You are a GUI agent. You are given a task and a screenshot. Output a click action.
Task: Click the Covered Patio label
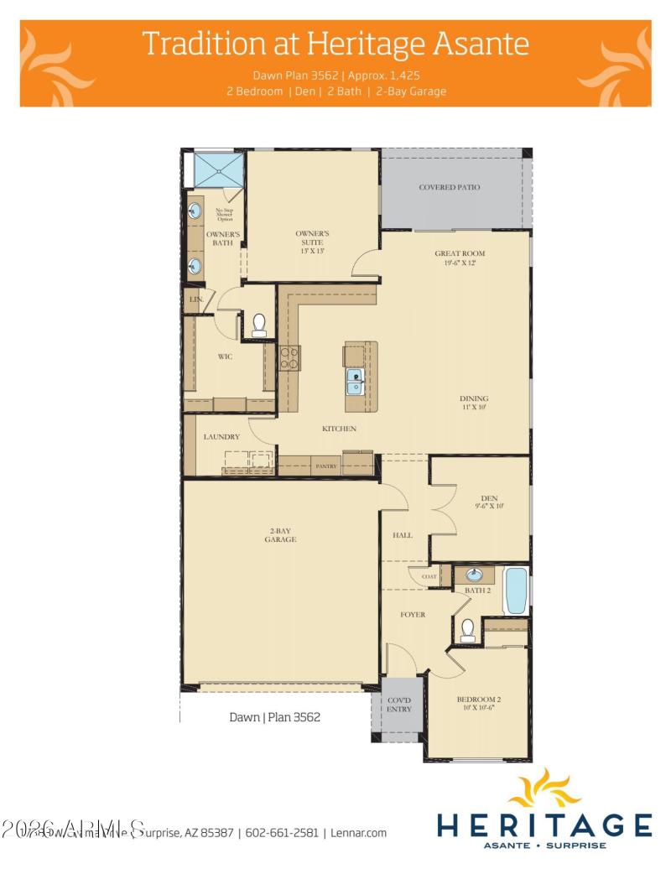click(450, 187)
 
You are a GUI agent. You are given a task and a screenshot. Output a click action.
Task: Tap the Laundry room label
click(222, 436)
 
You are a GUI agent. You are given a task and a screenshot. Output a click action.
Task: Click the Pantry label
click(325, 466)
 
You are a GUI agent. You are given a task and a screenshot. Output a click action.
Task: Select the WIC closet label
click(225, 356)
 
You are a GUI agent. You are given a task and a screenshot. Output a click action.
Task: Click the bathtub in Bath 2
click(515, 591)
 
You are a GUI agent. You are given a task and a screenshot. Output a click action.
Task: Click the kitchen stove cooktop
click(290, 358)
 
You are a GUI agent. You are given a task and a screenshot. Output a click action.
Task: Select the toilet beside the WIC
click(259, 325)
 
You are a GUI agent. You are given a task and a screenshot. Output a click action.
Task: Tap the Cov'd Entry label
click(398, 705)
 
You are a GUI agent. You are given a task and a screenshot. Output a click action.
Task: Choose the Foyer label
click(413, 614)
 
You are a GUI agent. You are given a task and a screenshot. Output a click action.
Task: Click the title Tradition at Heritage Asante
click(335, 43)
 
